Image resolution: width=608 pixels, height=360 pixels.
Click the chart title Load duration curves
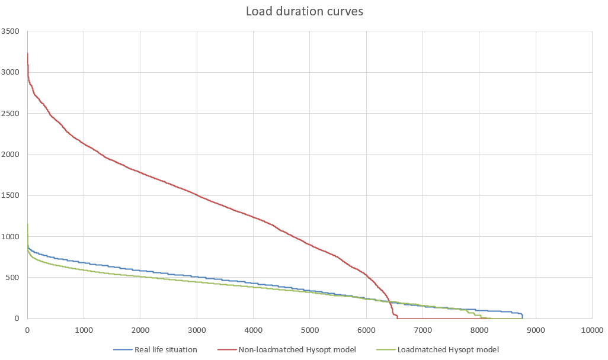304,12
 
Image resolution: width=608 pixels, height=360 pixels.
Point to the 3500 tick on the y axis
11,31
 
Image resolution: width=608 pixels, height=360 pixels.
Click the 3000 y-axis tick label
11,72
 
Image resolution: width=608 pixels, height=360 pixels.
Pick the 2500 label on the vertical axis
11,114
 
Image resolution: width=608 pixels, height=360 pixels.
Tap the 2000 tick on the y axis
11,155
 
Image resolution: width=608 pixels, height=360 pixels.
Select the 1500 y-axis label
11,195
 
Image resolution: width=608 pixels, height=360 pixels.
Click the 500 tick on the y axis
14,278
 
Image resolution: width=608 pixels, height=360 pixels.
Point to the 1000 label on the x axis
84,329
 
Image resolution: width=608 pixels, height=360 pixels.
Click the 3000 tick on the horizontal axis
197,329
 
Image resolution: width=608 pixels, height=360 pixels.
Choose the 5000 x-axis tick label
310,329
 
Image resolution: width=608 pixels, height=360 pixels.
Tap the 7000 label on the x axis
423,329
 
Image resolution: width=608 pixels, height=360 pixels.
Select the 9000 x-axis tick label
536,329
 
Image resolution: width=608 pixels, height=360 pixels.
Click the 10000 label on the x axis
591,329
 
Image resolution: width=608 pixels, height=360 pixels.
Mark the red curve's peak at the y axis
27,54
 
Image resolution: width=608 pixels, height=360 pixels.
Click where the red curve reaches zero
397,318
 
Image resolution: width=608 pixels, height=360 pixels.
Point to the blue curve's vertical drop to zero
522,316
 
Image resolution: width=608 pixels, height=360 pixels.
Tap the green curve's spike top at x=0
27,224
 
